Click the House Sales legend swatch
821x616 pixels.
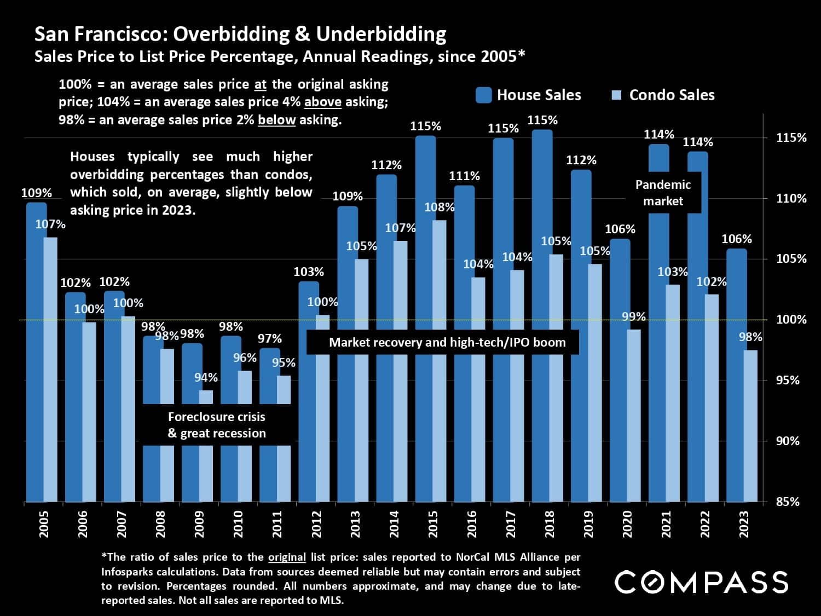pos(484,95)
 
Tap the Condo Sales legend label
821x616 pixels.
pos(672,95)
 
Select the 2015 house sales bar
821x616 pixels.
pos(425,318)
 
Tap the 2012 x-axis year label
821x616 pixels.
pos(316,524)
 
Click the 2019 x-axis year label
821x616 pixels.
pos(588,524)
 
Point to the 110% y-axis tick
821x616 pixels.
pos(791,199)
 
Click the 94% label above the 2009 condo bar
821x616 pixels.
pos(206,378)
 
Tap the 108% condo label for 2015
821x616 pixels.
pos(440,208)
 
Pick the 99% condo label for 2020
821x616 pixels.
pos(634,317)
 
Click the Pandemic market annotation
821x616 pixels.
pos(663,193)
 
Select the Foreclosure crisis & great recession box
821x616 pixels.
pos(217,425)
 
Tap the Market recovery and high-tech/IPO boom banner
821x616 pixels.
pos(447,343)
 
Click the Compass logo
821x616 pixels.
pos(701,582)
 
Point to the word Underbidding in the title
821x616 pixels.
pos(381,34)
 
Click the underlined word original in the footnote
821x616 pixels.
pos(287,557)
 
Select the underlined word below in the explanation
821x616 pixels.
pos(277,120)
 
